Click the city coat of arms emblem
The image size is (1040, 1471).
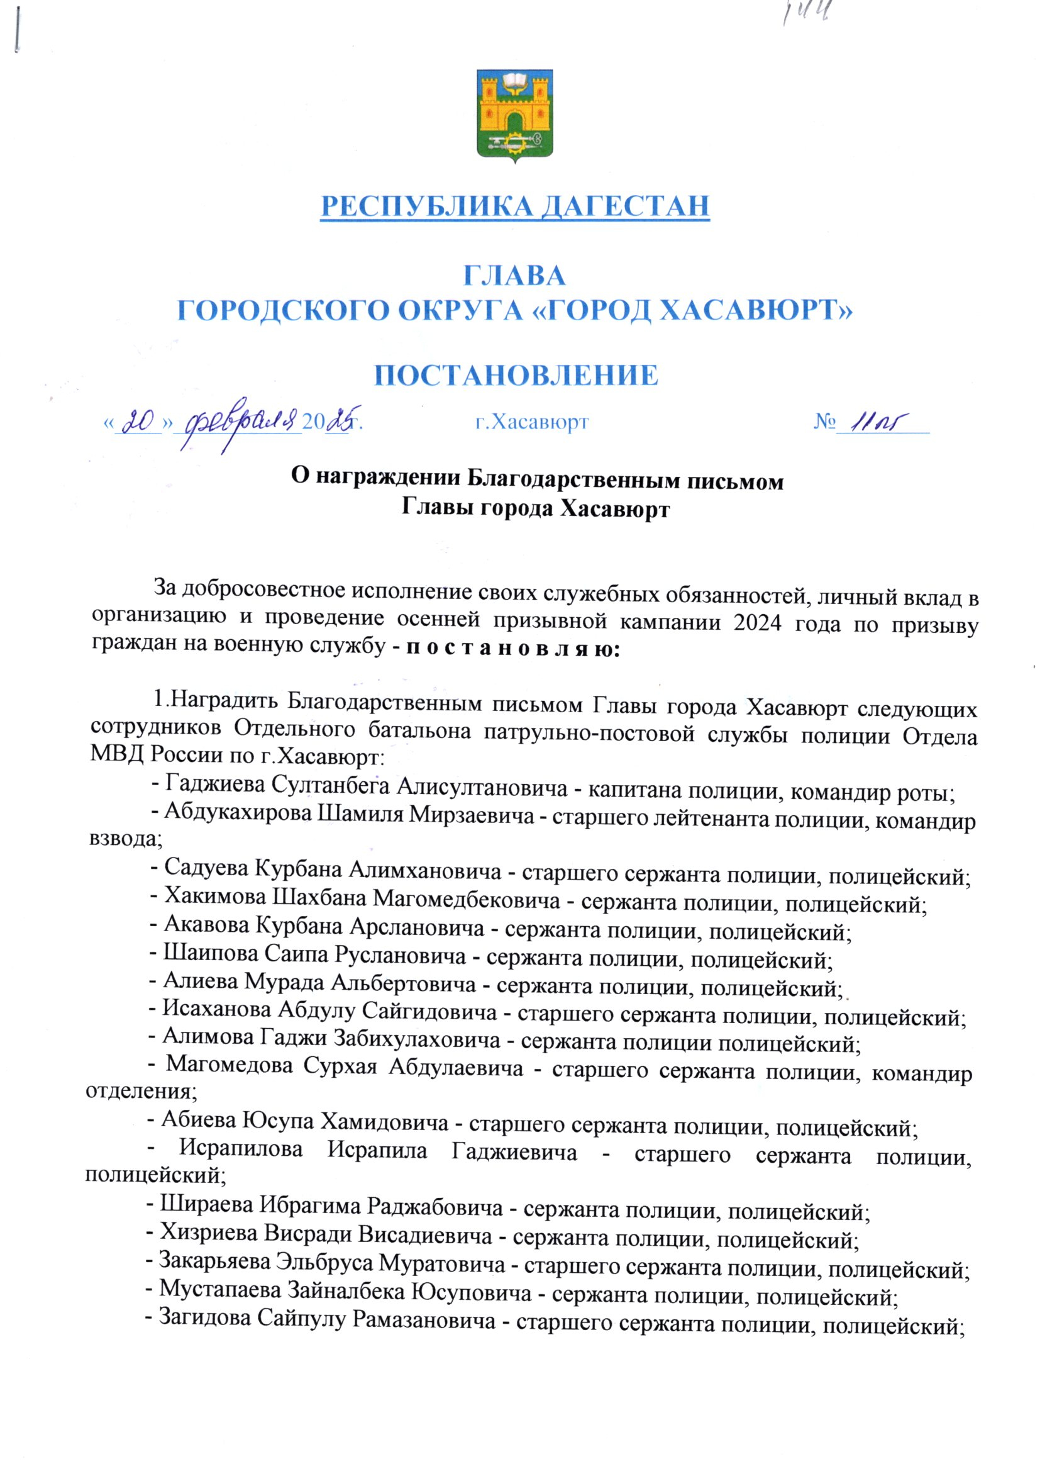515,115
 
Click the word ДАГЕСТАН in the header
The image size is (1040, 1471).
625,206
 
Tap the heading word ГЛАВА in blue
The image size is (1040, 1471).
514,276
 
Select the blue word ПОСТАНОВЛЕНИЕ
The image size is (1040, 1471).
516,375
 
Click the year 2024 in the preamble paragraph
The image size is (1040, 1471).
758,623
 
